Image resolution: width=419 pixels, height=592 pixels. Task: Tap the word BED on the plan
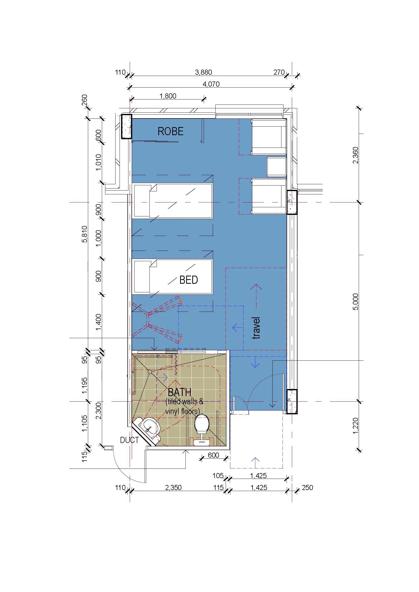(189, 280)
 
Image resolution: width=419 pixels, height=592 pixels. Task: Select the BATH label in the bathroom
(180, 393)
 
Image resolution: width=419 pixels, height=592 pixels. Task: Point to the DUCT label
(129, 440)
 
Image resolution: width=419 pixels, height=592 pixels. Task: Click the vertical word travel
(256, 328)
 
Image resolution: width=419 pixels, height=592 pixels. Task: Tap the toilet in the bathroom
(202, 430)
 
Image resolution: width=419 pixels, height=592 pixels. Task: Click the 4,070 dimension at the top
(211, 84)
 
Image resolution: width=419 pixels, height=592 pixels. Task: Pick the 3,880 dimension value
(204, 72)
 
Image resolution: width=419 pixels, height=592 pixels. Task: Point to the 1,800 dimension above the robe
(168, 96)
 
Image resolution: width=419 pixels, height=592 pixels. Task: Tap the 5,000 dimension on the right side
(355, 302)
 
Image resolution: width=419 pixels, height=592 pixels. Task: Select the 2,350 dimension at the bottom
(173, 487)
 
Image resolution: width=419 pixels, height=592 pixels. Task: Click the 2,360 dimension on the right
(355, 155)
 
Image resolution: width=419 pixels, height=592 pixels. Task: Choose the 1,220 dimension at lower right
(355, 426)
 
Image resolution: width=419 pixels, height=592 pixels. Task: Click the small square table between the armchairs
(277, 167)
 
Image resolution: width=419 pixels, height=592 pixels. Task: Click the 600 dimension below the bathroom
(213, 455)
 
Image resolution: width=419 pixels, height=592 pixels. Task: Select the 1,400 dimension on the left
(99, 322)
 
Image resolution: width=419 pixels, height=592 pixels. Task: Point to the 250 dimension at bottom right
(307, 487)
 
